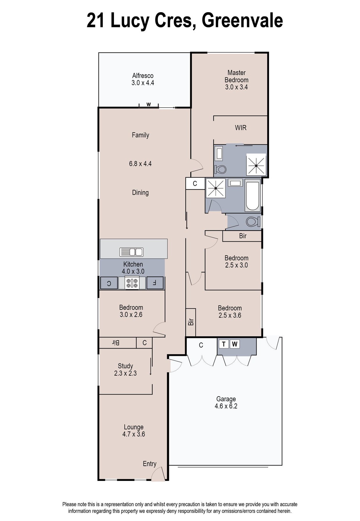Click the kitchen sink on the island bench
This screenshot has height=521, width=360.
point(131,252)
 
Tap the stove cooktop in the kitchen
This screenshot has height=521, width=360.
point(132,283)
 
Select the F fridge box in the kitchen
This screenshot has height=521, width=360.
point(155,283)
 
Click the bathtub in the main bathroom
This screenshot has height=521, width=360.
point(252,195)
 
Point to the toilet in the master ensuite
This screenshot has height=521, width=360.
point(220,169)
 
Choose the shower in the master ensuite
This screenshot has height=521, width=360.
point(256,165)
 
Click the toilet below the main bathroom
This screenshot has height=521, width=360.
point(253,222)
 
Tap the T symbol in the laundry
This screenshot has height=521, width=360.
point(223,344)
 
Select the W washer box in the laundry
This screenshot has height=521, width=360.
point(235,344)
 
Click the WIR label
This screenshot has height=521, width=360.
point(241,128)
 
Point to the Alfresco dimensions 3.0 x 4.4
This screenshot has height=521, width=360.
point(143,83)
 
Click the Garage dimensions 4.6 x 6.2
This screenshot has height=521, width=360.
point(226,406)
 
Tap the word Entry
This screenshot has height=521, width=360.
point(150,464)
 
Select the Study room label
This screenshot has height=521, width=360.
point(125,366)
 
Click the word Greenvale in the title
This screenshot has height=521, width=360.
point(242,20)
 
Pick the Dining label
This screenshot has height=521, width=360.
point(140,193)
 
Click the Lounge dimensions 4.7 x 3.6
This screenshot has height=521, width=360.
point(134,434)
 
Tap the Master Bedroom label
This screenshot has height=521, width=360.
point(237,76)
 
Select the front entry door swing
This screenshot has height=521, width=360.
point(158,473)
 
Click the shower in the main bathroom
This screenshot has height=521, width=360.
point(216,188)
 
